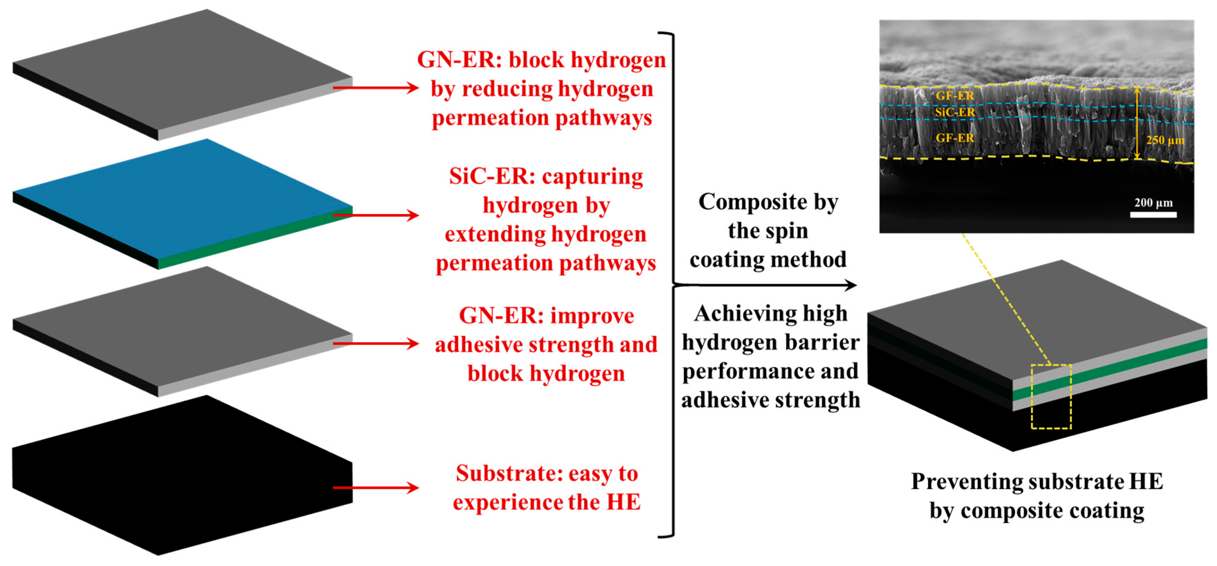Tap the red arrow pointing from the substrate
(x=375, y=488)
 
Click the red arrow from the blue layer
(x=375, y=215)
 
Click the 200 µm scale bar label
(x=1153, y=203)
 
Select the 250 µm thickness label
(x=1165, y=140)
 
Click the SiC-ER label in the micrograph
(x=954, y=112)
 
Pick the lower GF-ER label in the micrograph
(x=954, y=138)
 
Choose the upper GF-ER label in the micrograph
(x=954, y=95)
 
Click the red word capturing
(x=593, y=177)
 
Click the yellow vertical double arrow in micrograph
(x=1137, y=123)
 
